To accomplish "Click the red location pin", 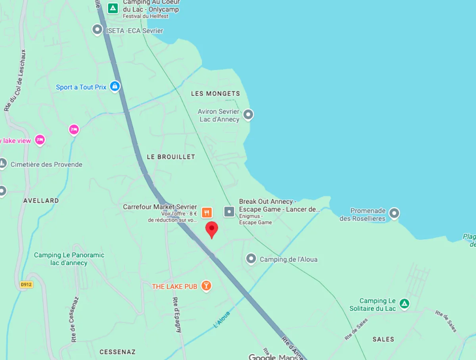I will click(x=212, y=229).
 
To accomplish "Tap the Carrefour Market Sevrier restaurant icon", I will click(x=206, y=212).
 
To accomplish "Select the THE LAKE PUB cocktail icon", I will click(x=206, y=286).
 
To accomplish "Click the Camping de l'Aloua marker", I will click(x=251, y=259).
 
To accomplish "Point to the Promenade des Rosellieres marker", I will click(x=394, y=213).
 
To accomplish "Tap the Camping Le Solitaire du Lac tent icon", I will click(x=404, y=304).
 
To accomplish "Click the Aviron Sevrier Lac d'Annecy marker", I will click(x=248, y=115).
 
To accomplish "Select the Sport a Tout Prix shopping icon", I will click(x=115, y=86).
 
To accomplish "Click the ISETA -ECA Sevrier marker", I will click(x=97, y=29).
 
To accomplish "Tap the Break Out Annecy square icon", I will click(x=229, y=211).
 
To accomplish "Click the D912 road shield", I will click(x=26, y=284).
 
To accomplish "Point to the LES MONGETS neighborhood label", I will click(x=215, y=94).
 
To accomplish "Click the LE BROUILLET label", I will click(x=171, y=157).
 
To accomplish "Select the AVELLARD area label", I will click(x=41, y=201).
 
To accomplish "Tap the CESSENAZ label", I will click(x=117, y=352).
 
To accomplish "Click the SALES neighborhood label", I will click(x=383, y=339).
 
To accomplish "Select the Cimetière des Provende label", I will click(x=46, y=165).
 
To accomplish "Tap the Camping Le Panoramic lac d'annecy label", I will click(x=69, y=259).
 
